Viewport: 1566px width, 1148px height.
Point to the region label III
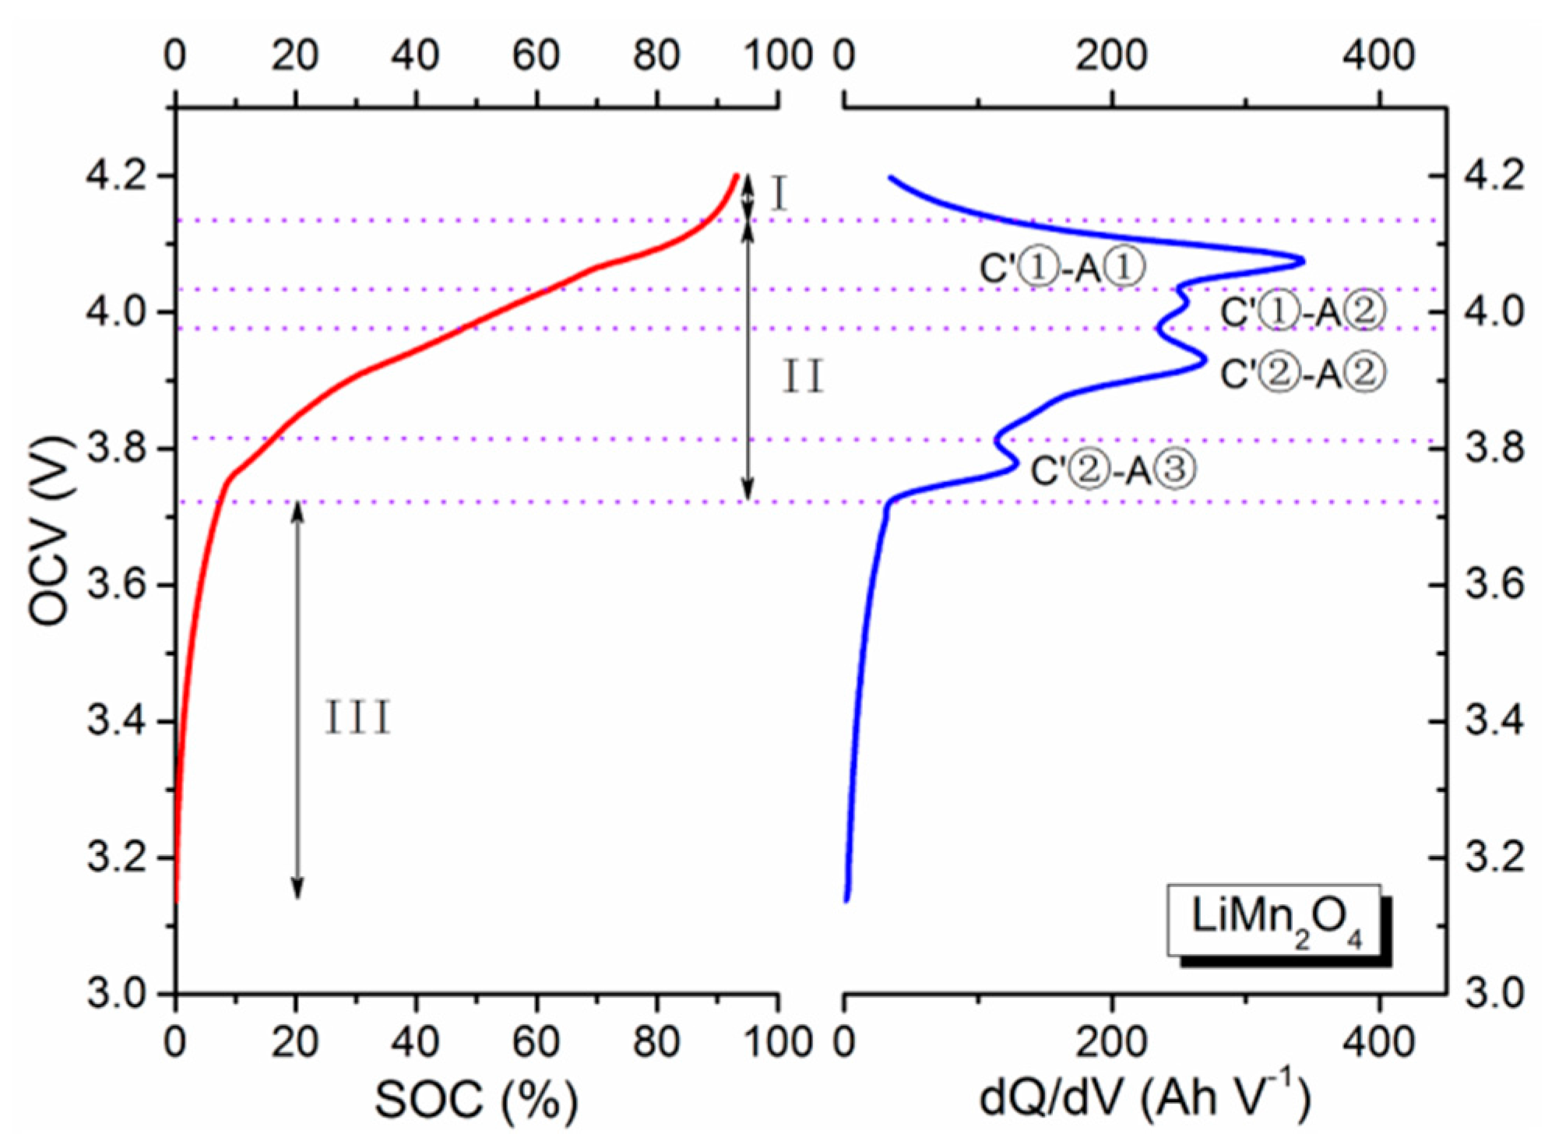pos(357,717)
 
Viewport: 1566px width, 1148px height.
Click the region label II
pos(803,378)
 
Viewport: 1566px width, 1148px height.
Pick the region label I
pos(779,194)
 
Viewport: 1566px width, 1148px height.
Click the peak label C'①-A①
pos(1062,269)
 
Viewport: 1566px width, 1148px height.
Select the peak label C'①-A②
pos(1303,312)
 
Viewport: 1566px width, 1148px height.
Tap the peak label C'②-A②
pos(1303,375)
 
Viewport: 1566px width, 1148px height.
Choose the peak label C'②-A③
pos(1113,470)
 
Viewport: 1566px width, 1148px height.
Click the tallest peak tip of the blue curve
pos(1303,261)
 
